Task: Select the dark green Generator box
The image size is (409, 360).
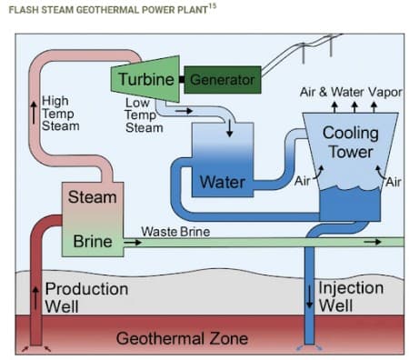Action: pyautogui.click(x=222, y=79)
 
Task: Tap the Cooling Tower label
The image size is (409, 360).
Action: pyautogui.click(x=350, y=143)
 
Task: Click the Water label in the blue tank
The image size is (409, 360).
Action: pyautogui.click(x=222, y=182)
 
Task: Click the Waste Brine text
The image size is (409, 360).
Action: pyautogui.click(x=175, y=232)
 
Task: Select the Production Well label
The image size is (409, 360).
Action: pyautogui.click(x=86, y=297)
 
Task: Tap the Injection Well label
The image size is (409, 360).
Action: pyautogui.click(x=350, y=296)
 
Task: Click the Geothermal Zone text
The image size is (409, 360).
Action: pyautogui.click(x=182, y=339)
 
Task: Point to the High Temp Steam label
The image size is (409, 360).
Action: pyautogui.click(x=61, y=113)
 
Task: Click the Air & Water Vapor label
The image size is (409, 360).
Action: pyautogui.click(x=352, y=93)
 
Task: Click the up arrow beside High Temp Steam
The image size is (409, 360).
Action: pyautogui.click(x=34, y=113)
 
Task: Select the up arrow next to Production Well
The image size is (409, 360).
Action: pyautogui.click(x=36, y=296)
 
